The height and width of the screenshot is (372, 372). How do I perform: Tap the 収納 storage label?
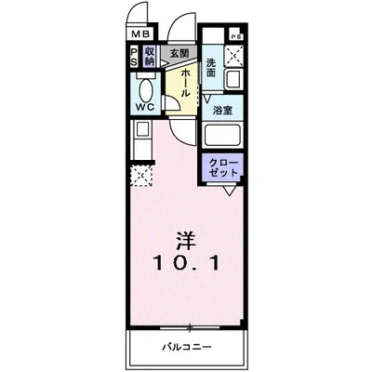coord(149,57)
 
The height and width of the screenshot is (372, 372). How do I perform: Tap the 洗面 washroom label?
coord(211,66)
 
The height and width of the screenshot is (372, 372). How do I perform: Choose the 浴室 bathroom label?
coord(222,111)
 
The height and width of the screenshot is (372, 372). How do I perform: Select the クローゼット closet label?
coord(225,168)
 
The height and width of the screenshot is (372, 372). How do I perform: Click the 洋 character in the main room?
coord(186,237)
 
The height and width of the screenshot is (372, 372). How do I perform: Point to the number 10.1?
coord(187,263)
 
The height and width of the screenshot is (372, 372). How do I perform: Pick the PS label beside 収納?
coord(134,57)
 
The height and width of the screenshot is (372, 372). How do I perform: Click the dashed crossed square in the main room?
coord(140,175)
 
